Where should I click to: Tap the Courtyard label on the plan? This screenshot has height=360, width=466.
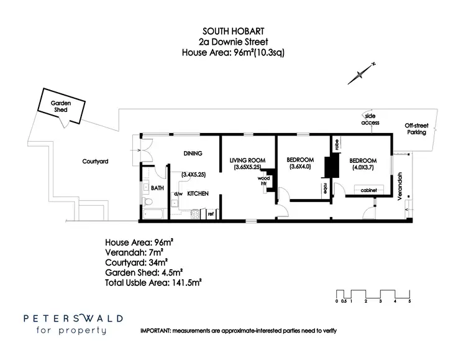pyautogui.click(x=95, y=161)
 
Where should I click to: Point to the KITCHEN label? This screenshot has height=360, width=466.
pyautogui.click(x=198, y=194)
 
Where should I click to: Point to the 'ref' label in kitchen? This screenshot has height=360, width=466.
pyautogui.click(x=211, y=214)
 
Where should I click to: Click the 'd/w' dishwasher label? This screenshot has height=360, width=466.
pyautogui.click(x=178, y=194)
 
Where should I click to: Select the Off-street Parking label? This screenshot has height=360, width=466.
pyautogui.click(x=416, y=129)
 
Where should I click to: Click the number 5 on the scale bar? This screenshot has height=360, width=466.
pyautogui.click(x=409, y=302)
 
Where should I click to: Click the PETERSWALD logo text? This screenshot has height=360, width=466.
pyautogui.click(x=73, y=318)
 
